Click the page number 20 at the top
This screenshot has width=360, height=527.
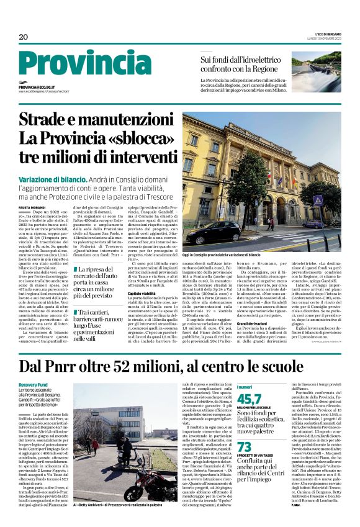coord(24,38)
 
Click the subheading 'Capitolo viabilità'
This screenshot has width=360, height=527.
coord(142,293)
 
